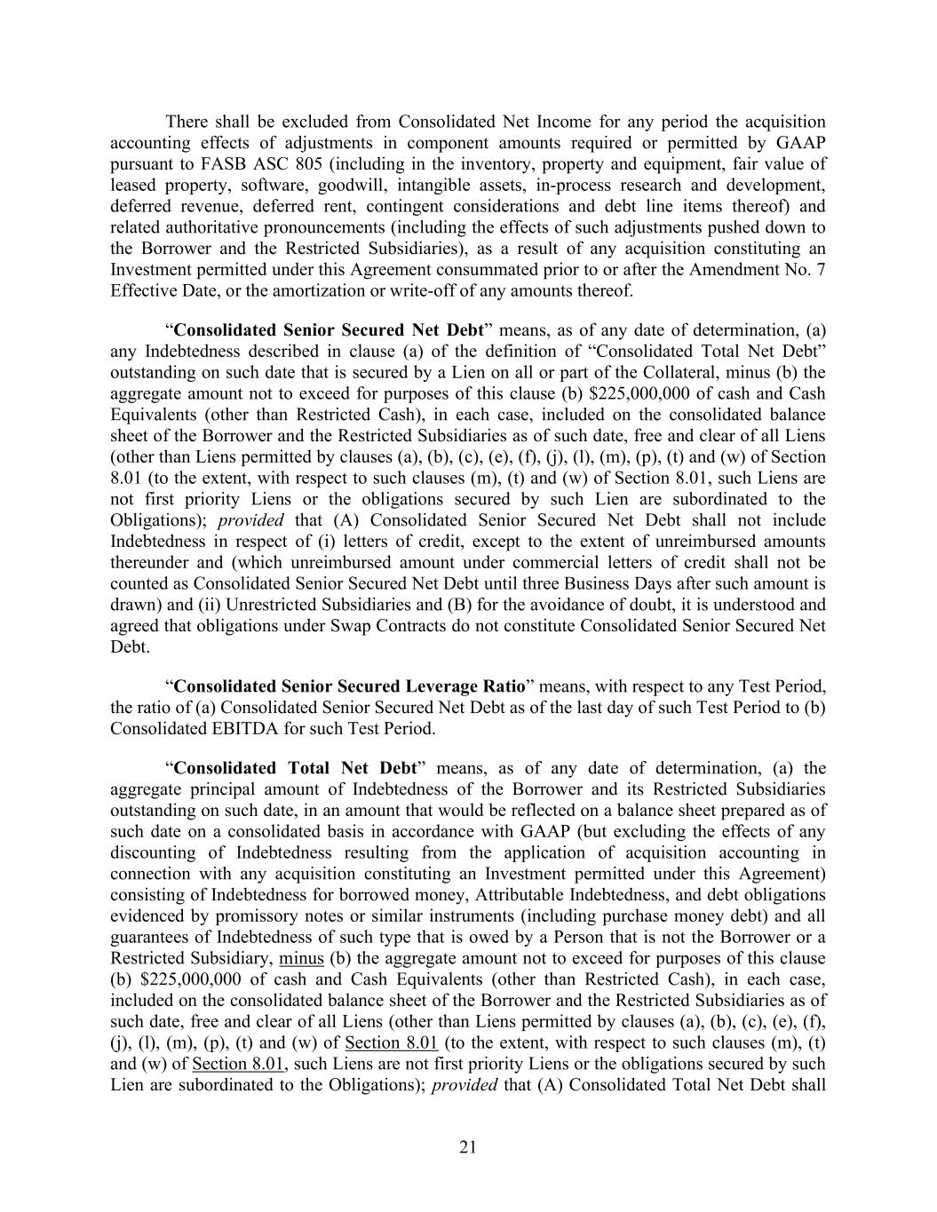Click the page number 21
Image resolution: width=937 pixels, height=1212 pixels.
(468, 1147)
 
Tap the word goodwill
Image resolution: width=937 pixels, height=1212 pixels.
(365, 186)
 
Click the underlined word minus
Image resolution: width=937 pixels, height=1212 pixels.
(301, 958)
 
